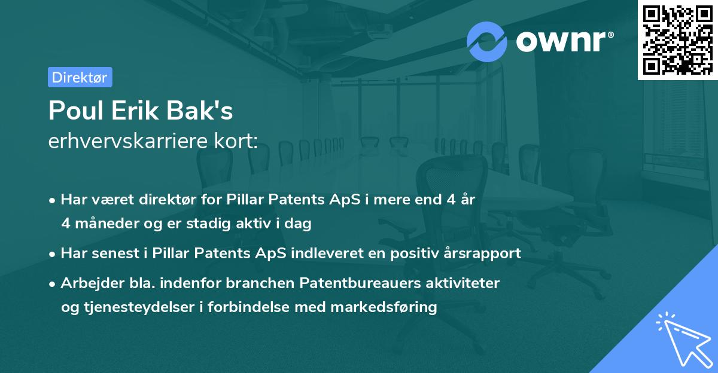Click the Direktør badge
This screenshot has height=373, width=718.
pos(80,77)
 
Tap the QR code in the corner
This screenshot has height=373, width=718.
pos(677,39)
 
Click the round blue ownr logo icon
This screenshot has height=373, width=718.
pos(487,41)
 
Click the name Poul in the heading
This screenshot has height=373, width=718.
pos(72,111)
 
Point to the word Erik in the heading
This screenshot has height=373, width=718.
pos(129,111)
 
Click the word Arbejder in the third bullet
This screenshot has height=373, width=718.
pos(87,283)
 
